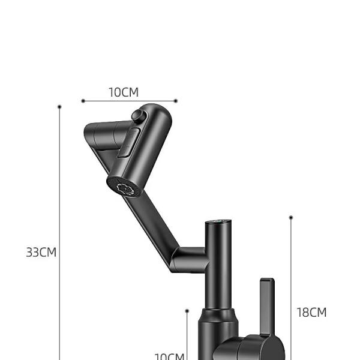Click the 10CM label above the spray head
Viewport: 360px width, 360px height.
coord(124,92)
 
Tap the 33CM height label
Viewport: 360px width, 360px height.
coord(41,252)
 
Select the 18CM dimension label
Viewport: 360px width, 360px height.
coord(312,312)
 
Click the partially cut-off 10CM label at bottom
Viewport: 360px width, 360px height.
coord(169,356)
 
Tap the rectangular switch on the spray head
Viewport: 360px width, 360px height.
coord(128,144)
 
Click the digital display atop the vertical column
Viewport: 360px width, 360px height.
coord(217,222)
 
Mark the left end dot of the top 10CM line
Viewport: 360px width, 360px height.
coord(82,101)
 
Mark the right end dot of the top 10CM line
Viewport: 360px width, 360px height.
coord(176,101)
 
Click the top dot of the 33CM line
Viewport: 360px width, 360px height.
coord(59,107)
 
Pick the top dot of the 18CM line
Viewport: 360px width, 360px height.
coord(291,217)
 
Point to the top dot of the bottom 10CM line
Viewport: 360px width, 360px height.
coord(187,311)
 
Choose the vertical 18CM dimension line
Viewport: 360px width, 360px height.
coord(291,270)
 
